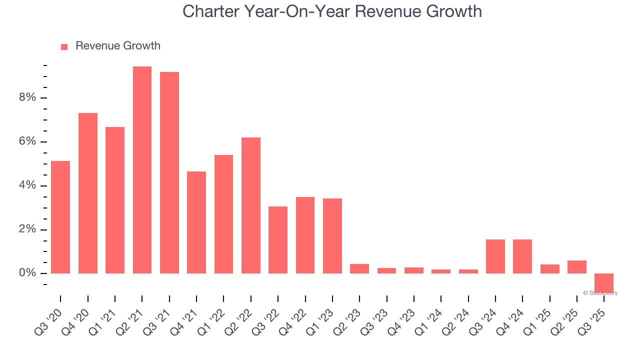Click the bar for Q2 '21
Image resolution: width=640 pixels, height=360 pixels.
tap(142, 170)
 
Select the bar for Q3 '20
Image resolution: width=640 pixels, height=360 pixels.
tap(60, 217)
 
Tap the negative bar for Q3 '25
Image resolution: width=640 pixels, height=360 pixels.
tap(603, 282)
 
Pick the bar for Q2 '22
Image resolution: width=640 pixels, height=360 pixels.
tap(250, 205)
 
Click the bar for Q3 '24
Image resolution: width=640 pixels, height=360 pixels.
tap(495, 256)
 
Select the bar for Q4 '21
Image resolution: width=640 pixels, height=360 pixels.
tap(196, 222)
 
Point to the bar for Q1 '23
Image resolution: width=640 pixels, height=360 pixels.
tap(332, 236)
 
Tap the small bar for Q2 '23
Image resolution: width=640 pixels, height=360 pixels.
tap(359, 269)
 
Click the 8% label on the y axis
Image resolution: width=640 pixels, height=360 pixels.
tap(27, 97)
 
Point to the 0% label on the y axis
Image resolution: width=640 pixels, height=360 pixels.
tap(27, 273)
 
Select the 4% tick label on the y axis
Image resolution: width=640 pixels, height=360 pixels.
tap(27, 185)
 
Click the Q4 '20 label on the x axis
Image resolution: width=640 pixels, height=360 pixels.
tap(75, 321)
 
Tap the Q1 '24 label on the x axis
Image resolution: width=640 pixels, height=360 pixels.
tap(428, 321)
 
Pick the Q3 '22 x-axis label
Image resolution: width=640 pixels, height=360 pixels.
tap(265, 321)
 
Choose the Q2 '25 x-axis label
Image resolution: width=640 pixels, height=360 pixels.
tap(564, 321)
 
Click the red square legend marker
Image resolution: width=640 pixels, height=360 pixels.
tap(64, 47)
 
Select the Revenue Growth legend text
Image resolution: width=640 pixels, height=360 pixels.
tap(118, 46)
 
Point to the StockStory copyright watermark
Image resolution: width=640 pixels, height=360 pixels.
tap(600, 293)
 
